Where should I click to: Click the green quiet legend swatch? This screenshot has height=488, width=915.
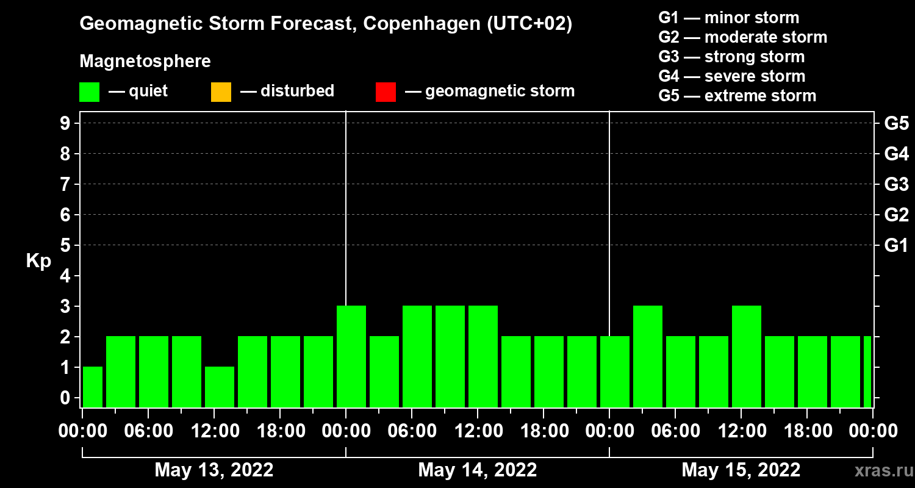tap(89, 92)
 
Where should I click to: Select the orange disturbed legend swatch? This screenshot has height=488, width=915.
tap(221, 92)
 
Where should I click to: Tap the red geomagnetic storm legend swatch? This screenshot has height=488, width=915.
tap(386, 92)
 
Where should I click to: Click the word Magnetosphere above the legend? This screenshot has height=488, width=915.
tap(145, 62)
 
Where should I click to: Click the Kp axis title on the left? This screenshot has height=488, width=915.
tap(38, 260)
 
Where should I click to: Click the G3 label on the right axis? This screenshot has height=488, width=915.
tap(896, 185)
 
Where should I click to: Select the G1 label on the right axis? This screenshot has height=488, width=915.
tap(896, 246)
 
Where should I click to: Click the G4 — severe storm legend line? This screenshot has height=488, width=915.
tap(731, 76)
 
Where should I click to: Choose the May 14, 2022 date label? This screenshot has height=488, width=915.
tap(478, 470)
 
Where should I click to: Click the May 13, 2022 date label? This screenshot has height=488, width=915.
tap(214, 470)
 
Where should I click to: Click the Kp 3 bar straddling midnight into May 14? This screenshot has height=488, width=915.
tap(351, 356)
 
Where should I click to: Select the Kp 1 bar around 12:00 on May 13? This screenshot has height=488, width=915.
tap(220, 387)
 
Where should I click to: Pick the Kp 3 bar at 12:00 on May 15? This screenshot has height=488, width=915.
tap(747, 356)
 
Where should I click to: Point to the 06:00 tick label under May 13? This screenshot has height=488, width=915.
tap(148, 431)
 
